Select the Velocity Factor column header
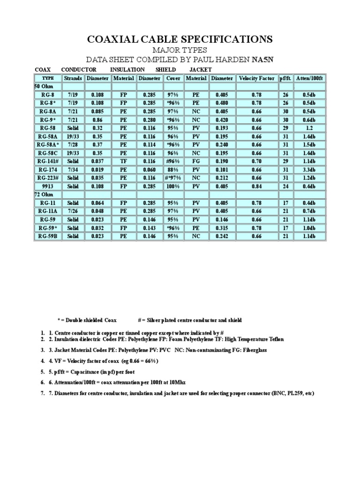(256, 78)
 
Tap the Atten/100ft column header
(309, 78)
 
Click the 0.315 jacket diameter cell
(222, 227)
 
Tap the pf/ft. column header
(285, 78)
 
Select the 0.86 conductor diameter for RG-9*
(97, 119)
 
